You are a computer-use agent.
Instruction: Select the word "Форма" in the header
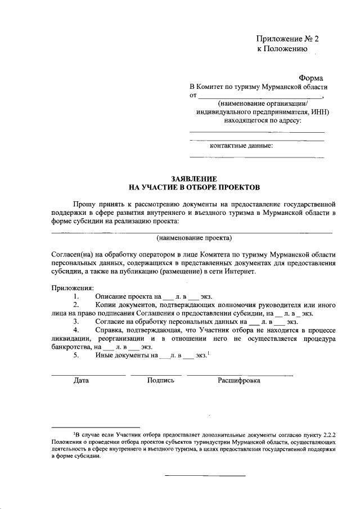coord(312,78)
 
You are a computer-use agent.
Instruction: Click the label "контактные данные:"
coord(241,146)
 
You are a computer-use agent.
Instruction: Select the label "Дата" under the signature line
coord(81,380)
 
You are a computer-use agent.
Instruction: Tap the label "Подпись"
coord(160,380)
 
